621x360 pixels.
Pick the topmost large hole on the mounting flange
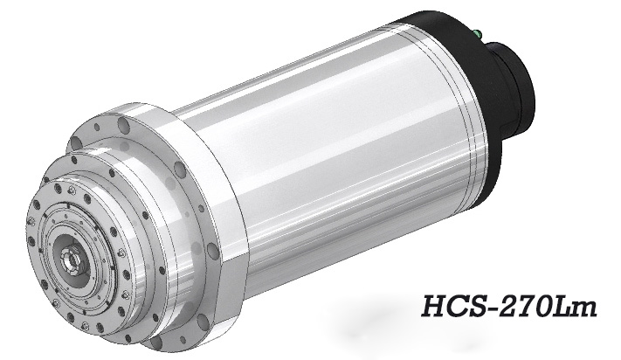[125, 128]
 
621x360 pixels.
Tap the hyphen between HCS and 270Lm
[491, 311]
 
